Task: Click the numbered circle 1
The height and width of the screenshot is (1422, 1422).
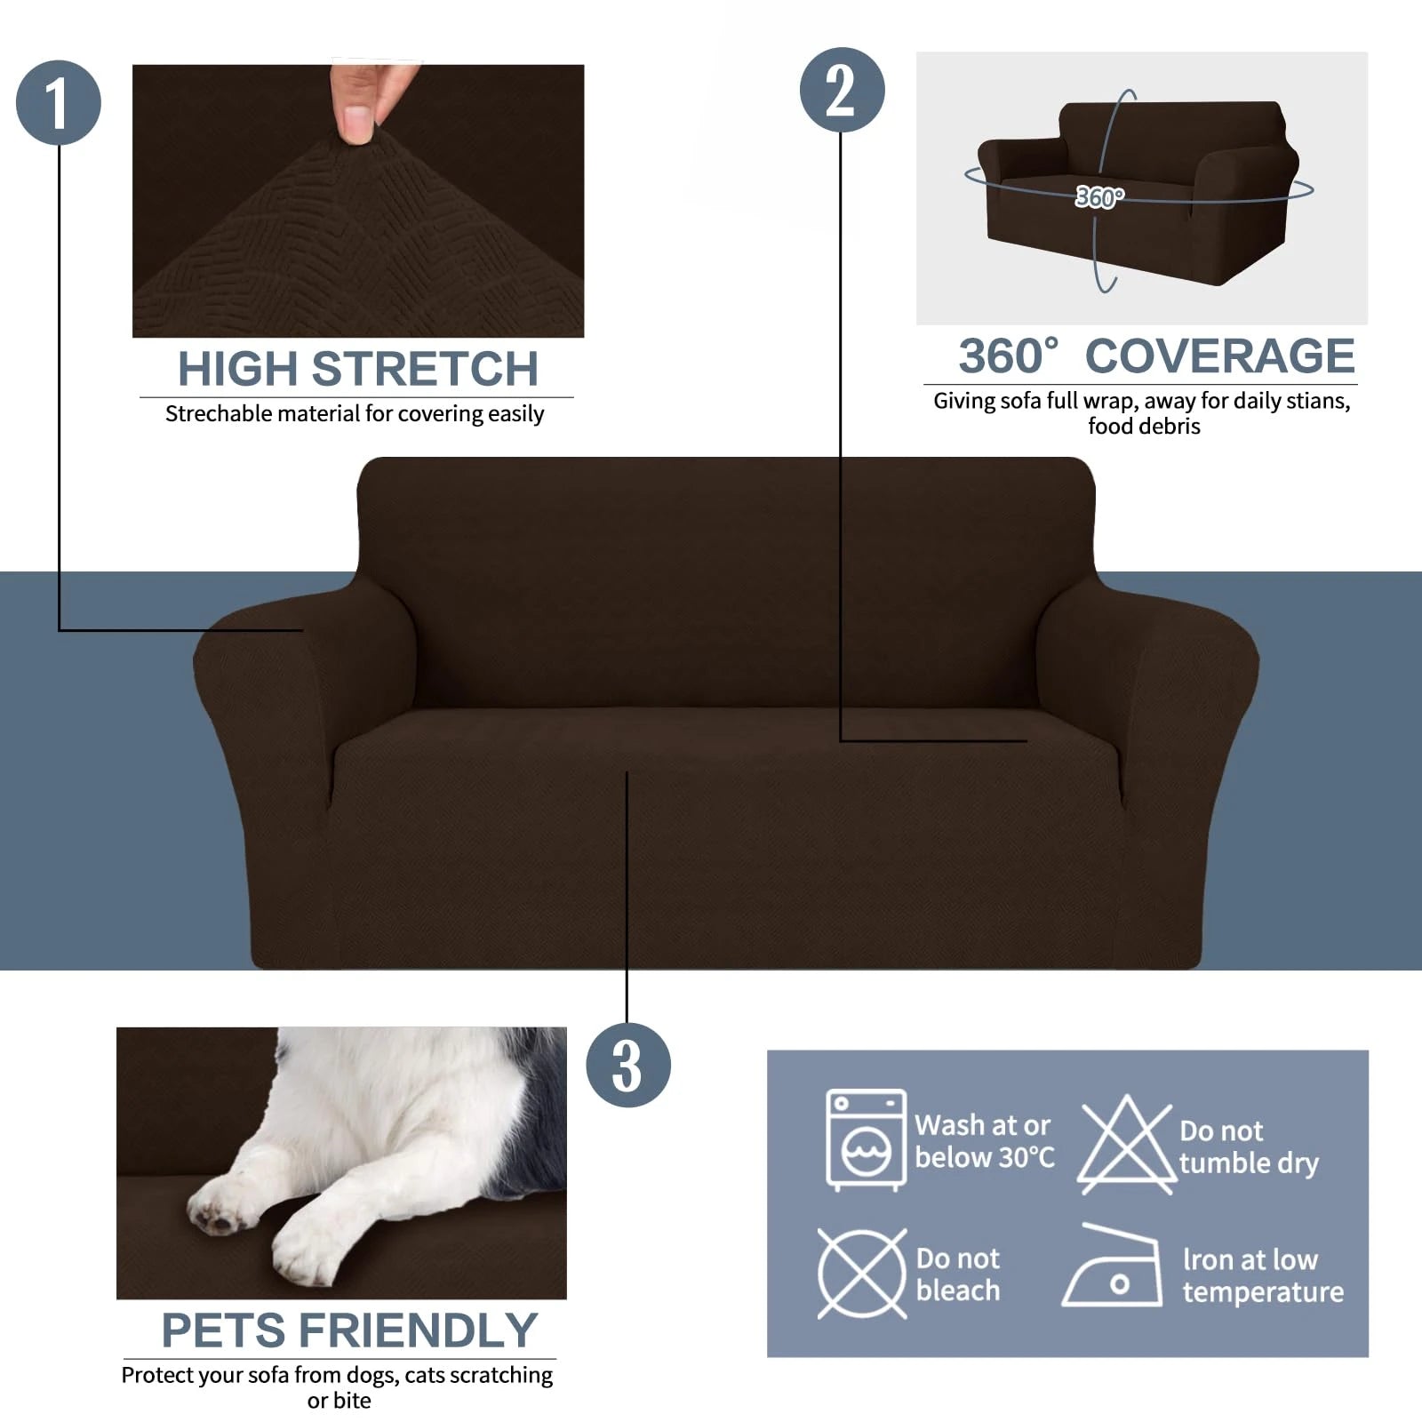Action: coord(59,102)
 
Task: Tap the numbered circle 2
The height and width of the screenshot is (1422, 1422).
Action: coord(842,90)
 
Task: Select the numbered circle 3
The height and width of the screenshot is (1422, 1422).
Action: coord(627,1065)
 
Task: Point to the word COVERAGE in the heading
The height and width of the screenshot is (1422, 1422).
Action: coord(1219,356)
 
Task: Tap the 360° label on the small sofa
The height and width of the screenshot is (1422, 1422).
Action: coord(1099,196)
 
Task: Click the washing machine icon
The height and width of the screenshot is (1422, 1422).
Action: coord(866,1139)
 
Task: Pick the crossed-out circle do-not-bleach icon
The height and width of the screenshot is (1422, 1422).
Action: coord(861,1274)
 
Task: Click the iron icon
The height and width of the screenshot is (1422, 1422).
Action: coord(1113,1268)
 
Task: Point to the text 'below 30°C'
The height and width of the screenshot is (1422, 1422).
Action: coord(984,1158)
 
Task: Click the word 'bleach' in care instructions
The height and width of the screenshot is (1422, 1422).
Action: coord(957,1290)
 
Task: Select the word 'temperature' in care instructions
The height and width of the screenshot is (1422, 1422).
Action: coord(1262,1292)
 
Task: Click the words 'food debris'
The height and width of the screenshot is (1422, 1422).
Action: coord(1143,427)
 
